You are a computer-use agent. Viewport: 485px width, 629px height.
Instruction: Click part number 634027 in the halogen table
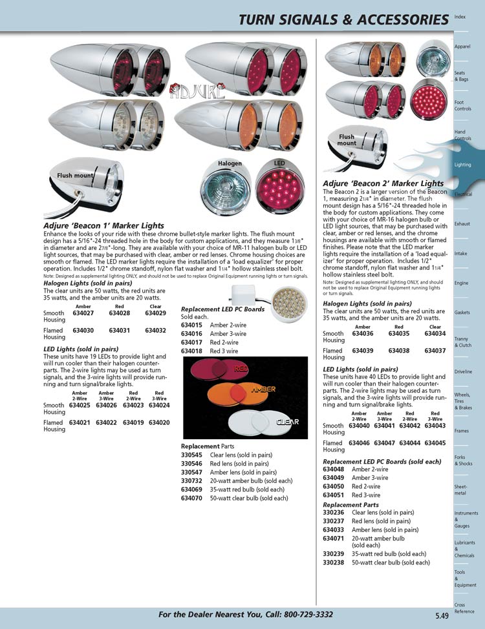coord(83,313)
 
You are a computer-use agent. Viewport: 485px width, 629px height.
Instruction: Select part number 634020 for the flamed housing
coord(159,422)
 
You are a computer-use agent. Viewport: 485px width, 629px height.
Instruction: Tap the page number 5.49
coord(442,615)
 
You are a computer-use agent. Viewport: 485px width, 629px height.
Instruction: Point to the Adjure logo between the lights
coord(197,92)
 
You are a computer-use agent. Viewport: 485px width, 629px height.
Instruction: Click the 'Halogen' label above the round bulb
coord(230,163)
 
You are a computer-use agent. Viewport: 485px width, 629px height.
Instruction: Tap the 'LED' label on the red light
coord(279,163)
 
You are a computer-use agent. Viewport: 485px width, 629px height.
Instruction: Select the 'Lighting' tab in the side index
coord(462,165)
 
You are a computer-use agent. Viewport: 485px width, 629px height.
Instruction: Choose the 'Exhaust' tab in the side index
coord(462,224)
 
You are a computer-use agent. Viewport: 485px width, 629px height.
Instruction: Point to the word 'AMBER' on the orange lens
coord(263,391)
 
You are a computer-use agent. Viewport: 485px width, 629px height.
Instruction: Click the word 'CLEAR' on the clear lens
coord(287,422)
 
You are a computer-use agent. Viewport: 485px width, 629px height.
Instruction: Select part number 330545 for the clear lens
coord(191,455)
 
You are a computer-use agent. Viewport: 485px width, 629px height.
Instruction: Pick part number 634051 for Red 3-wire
coord(333,495)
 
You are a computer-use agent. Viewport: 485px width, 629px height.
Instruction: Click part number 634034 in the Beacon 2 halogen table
coord(435,334)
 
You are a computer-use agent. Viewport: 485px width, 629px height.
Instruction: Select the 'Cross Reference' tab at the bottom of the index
coord(464,608)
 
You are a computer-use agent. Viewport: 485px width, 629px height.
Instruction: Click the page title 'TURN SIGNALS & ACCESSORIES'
coord(343,20)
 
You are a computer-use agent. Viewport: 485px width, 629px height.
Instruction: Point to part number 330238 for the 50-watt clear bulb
coord(333,562)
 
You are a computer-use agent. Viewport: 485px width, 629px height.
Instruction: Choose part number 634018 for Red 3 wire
coord(191,351)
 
